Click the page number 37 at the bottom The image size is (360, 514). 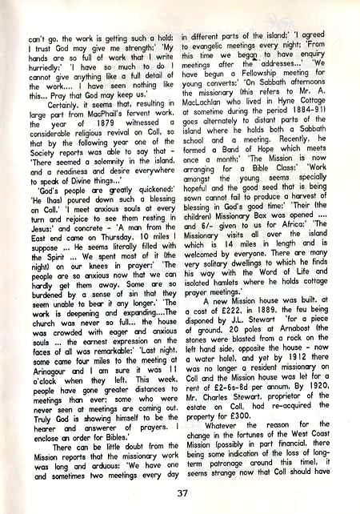click(x=182, y=492)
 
